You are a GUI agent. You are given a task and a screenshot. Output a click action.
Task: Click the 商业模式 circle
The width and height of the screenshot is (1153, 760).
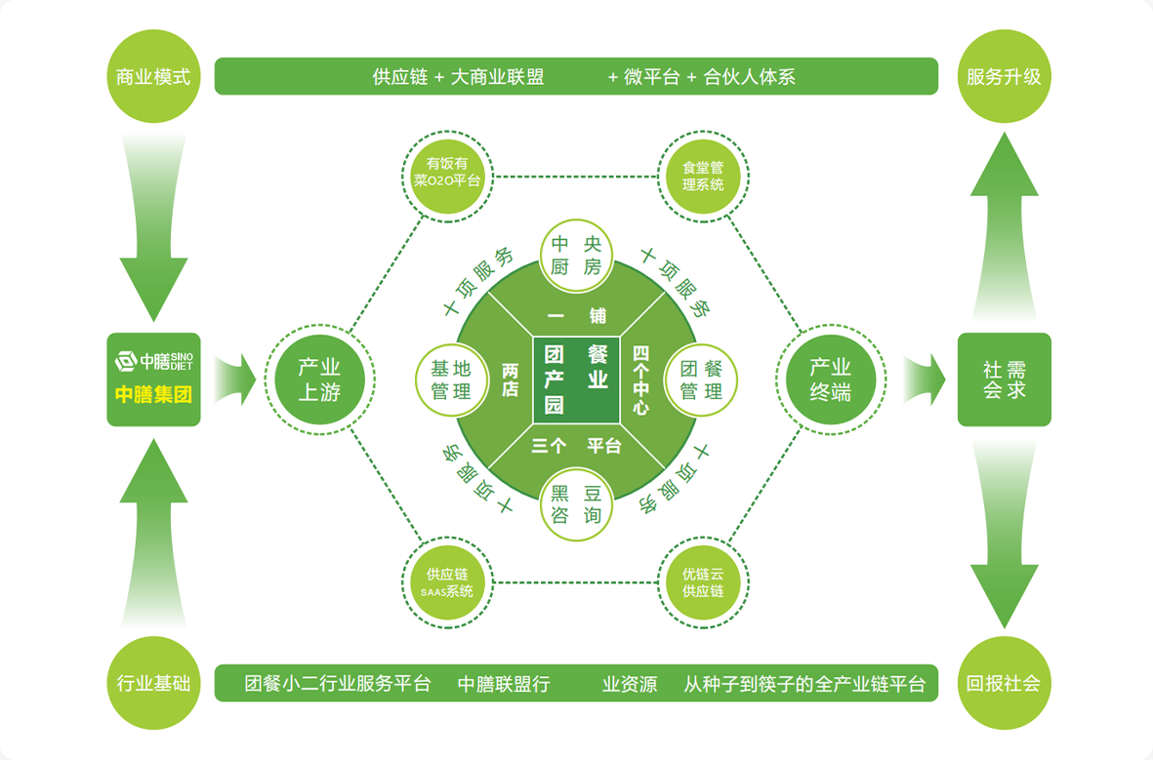click(153, 76)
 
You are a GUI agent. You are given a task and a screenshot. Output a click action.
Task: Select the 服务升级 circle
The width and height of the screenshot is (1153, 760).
click(1004, 76)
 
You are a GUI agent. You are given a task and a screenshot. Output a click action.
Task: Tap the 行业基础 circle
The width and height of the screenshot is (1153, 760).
click(153, 683)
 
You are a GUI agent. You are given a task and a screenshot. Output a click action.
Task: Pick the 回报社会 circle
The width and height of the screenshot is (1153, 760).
click(1004, 683)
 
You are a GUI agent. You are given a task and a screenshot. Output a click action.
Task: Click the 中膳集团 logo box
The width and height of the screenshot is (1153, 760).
click(153, 380)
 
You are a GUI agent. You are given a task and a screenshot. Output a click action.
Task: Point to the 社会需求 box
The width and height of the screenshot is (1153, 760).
click(1004, 380)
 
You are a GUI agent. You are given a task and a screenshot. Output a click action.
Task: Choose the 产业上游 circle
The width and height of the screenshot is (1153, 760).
click(319, 380)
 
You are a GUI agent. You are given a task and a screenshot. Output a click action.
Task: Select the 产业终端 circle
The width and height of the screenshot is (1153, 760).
click(830, 380)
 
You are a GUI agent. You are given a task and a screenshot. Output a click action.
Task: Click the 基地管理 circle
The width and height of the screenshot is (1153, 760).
click(451, 380)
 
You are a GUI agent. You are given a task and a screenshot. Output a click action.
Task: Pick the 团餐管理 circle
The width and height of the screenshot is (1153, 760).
click(701, 380)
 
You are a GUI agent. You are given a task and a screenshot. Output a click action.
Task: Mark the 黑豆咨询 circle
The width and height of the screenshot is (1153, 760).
click(576, 504)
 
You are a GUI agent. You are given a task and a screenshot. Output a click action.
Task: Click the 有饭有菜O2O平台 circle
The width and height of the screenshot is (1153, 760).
click(448, 173)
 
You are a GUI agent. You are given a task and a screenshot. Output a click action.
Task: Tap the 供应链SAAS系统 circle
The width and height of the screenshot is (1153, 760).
click(448, 582)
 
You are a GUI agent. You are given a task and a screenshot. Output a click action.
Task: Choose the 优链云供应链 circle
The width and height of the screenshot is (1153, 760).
click(703, 582)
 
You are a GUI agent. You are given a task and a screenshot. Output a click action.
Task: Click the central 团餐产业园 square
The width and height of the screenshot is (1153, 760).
click(576, 380)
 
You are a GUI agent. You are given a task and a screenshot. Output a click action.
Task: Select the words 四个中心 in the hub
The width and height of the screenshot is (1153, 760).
click(640, 380)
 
